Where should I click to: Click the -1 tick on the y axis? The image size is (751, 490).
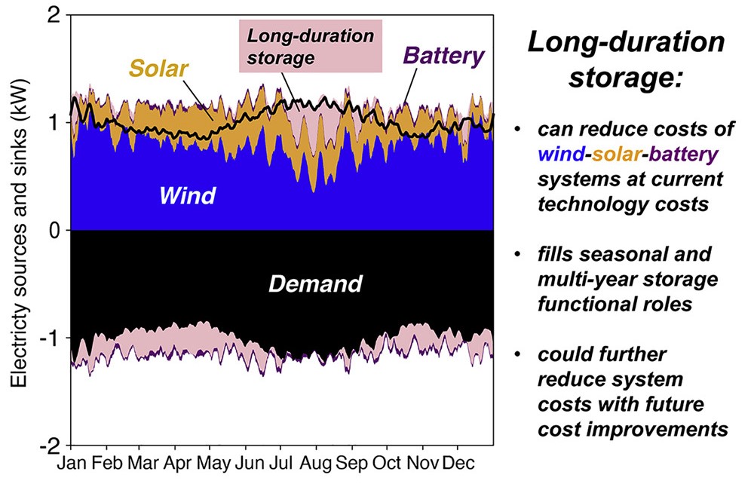51,338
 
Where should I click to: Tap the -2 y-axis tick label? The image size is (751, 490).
51,445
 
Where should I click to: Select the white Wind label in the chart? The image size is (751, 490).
187,196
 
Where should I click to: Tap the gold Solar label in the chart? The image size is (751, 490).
158,69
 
